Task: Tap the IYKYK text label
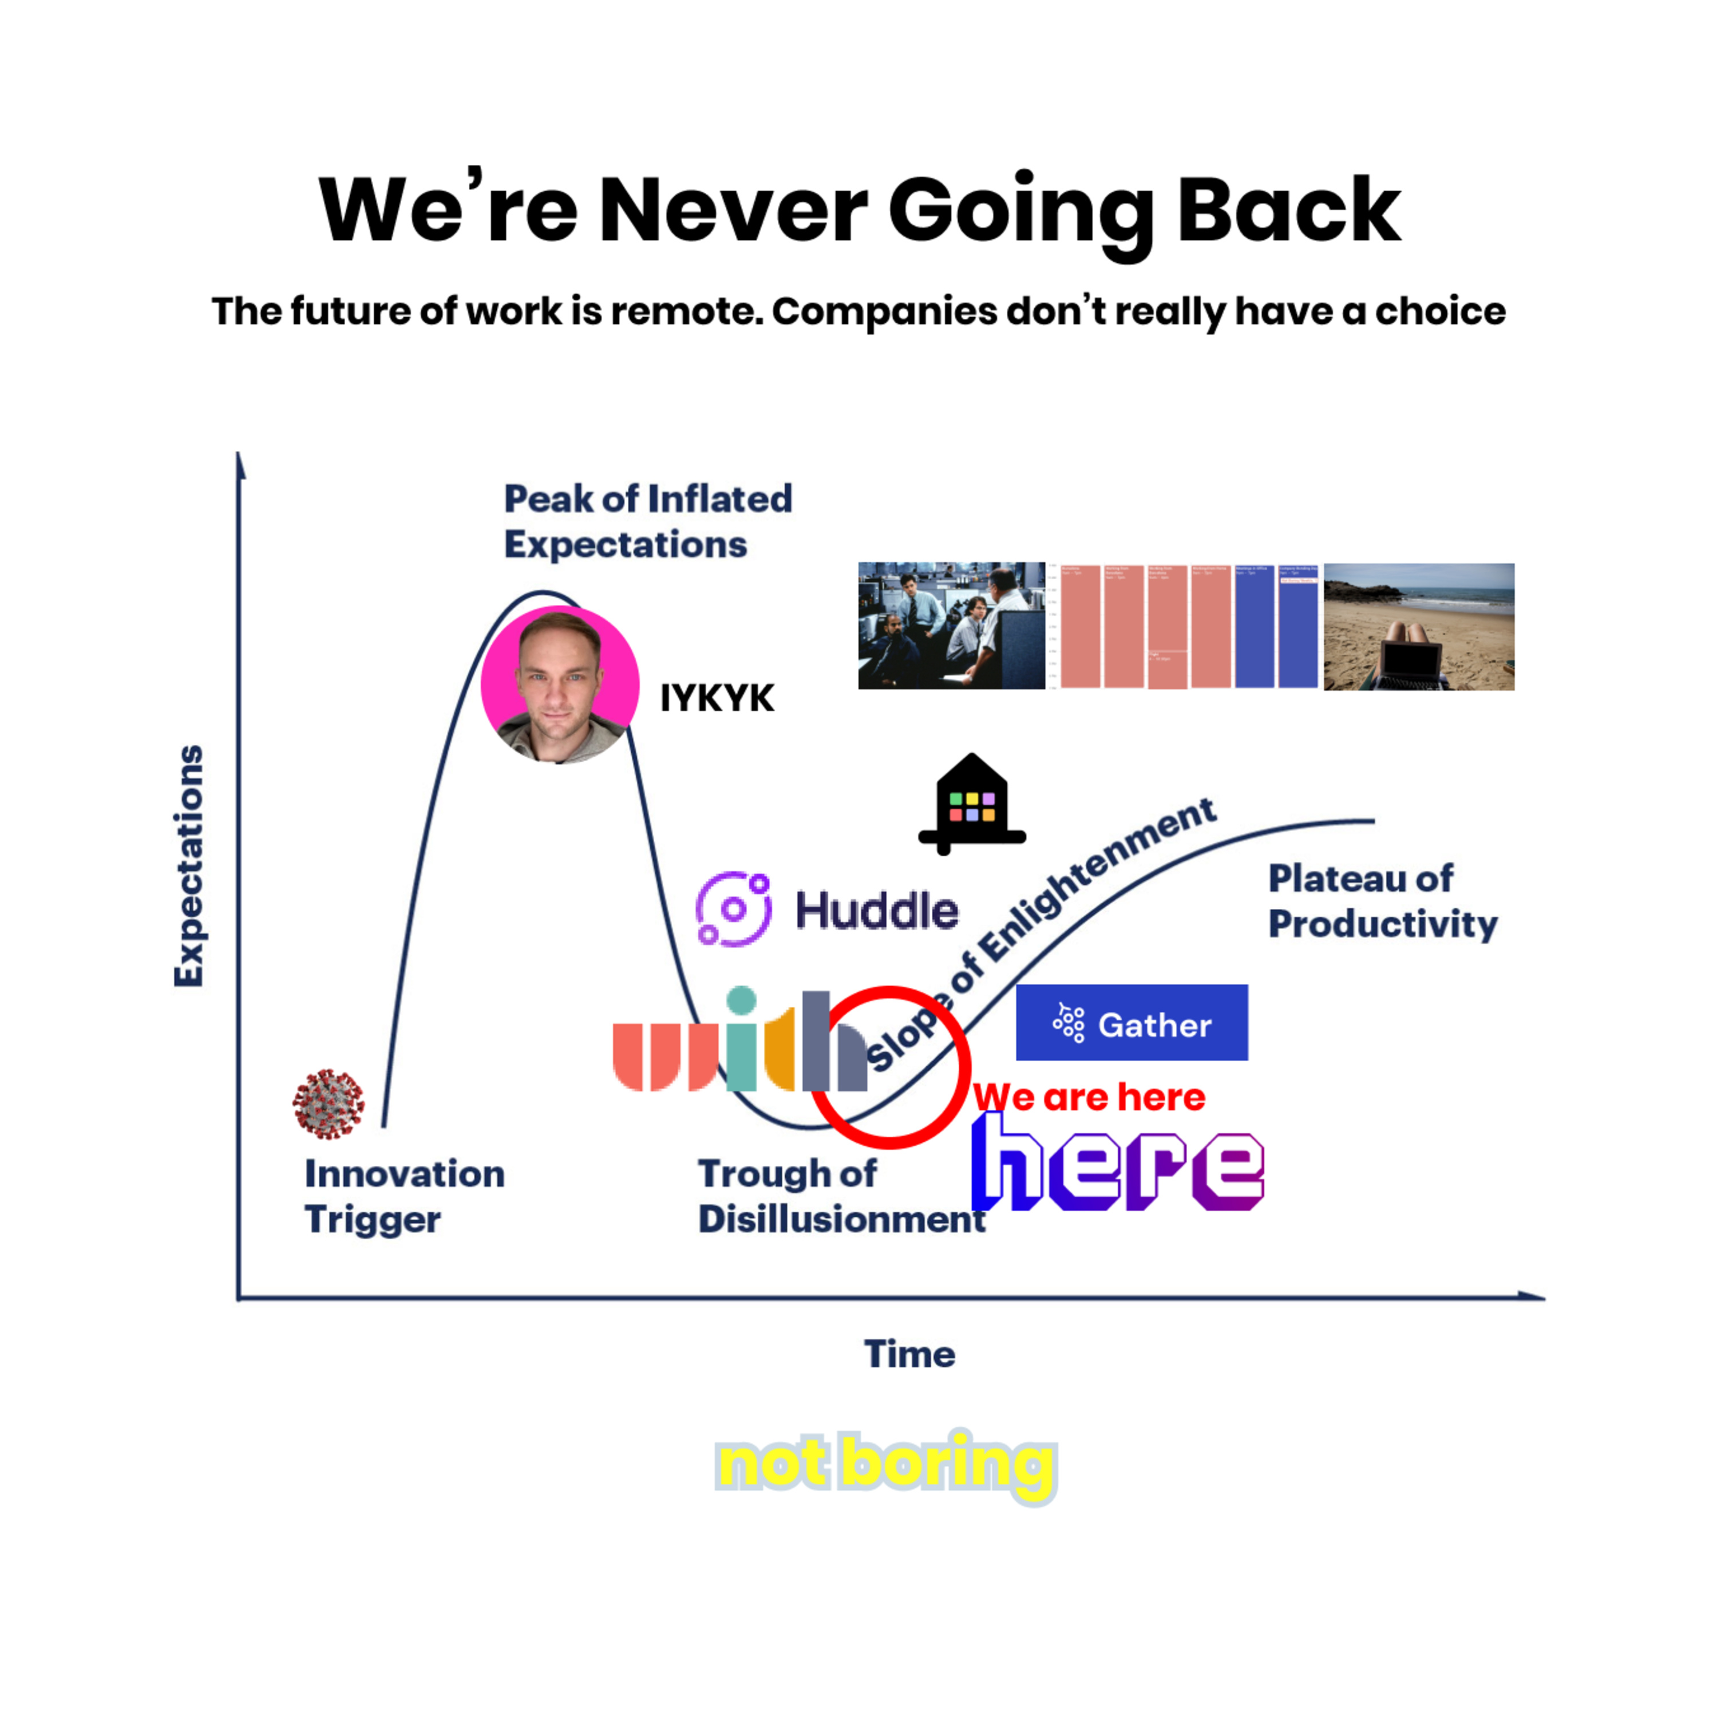717,698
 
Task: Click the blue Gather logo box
1132,1022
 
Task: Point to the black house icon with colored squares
971,804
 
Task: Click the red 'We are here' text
1090,1098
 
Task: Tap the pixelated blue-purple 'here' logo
1117,1164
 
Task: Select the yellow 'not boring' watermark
885,1463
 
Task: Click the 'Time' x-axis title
909,1354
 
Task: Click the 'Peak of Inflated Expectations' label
647,521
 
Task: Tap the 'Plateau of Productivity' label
1382,901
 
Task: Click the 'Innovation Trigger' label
405,1196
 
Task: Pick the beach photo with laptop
1418,627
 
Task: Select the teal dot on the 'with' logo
741,1000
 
